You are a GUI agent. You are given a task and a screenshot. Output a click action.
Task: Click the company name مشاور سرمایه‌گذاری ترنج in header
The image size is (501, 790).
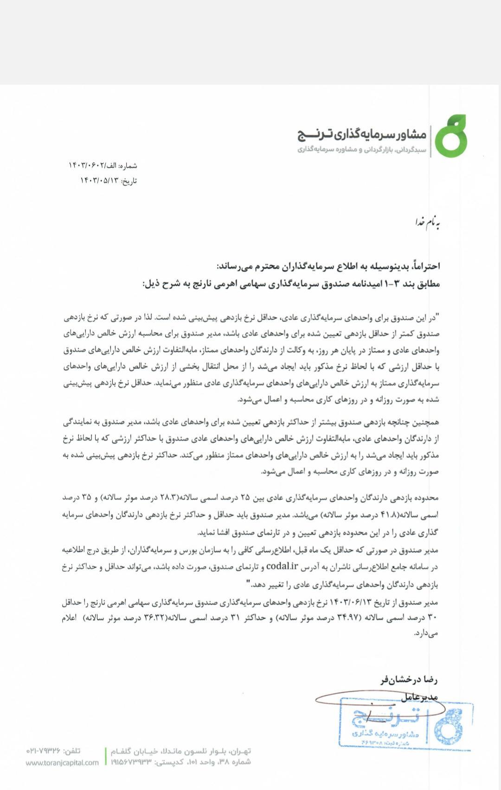coord(362,134)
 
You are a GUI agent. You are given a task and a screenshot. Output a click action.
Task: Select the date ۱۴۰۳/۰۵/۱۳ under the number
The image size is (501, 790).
coord(99,181)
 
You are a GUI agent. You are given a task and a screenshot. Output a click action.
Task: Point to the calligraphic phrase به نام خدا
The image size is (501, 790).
coord(427,222)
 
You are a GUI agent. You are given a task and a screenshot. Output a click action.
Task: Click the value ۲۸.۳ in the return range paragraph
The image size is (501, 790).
coord(168,498)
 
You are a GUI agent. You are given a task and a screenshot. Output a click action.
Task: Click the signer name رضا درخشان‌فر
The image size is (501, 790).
coord(409,680)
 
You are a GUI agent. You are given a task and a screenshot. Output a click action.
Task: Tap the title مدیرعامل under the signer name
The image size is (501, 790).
coord(420,696)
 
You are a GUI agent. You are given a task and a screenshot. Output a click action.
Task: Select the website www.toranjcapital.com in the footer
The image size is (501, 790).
coord(62,763)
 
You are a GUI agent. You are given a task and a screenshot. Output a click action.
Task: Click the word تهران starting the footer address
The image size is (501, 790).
coord(240,751)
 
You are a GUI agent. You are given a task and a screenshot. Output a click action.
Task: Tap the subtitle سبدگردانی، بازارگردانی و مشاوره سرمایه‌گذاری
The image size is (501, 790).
coord(362,150)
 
